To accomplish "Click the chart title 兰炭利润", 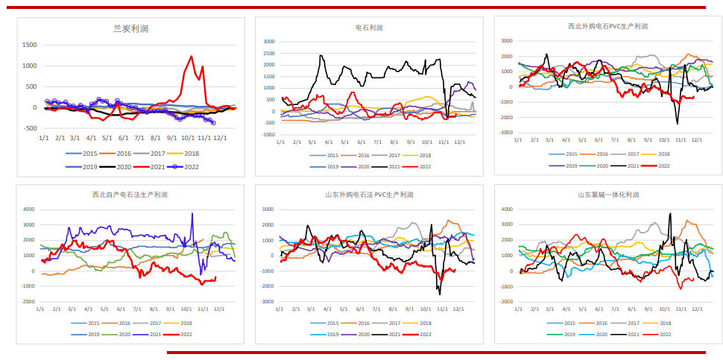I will (131, 28).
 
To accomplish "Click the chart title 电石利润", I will (369, 28).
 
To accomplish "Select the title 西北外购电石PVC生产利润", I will (607, 26).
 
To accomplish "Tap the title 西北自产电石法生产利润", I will (130, 195).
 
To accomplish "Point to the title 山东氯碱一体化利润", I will (607, 195).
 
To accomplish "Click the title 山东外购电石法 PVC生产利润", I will (369, 195).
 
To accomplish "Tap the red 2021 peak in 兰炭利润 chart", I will (192, 57).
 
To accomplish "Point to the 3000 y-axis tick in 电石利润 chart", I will (269, 42).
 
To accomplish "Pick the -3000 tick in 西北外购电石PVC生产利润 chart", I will (507, 133).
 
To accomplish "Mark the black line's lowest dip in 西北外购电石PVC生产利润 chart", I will (678, 123).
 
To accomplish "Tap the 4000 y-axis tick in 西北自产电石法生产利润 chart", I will (29, 209).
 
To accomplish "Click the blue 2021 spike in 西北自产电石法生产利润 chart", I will (192, 214).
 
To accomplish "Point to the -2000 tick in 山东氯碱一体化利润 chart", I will (507, 303).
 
